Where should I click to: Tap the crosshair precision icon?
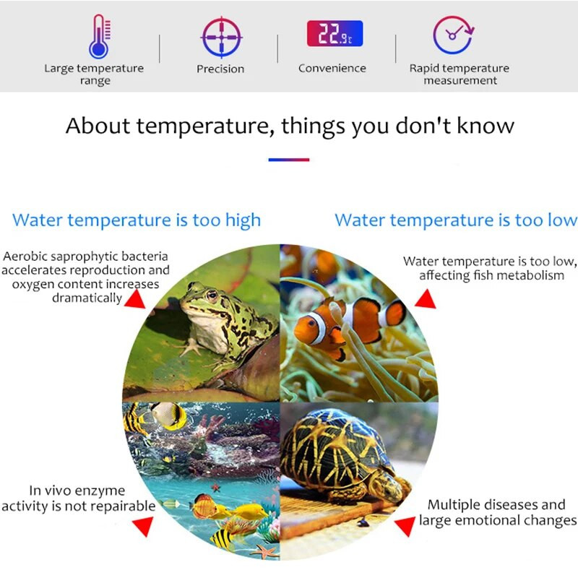coord(220,37)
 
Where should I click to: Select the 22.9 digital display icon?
coord(335,34)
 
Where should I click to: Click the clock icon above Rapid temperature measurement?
coord(453,35)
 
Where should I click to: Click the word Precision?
coord(220,69)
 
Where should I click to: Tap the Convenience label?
coord(332,69)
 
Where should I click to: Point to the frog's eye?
coord(212,295)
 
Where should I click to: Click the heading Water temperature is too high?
coord(137,220)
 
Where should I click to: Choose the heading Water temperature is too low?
coord(456,220)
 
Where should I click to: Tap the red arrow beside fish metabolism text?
coord(426,298)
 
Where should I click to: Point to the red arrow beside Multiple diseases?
coord(402,527)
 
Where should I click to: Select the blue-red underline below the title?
coord(289,160)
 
